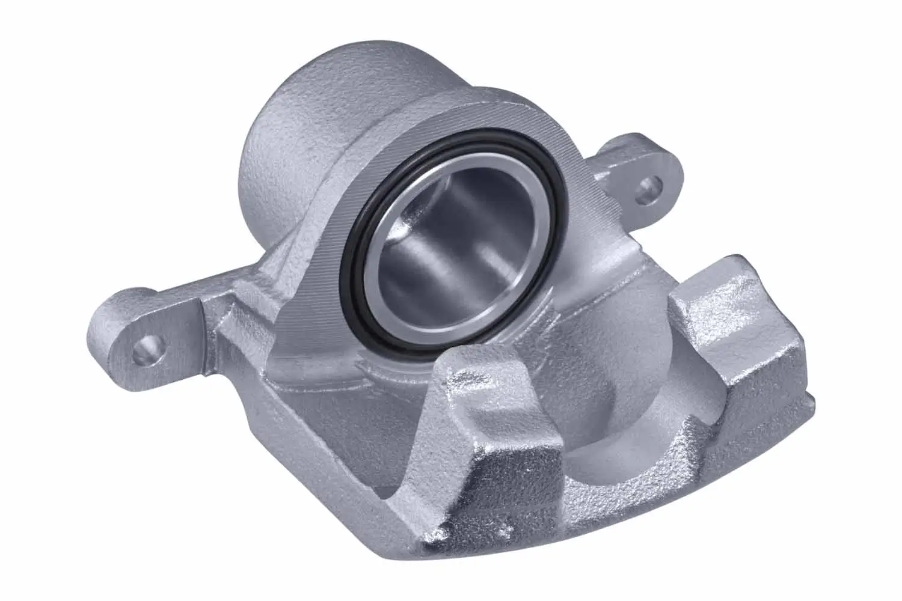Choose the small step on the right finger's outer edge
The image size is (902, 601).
click(806, 394)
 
